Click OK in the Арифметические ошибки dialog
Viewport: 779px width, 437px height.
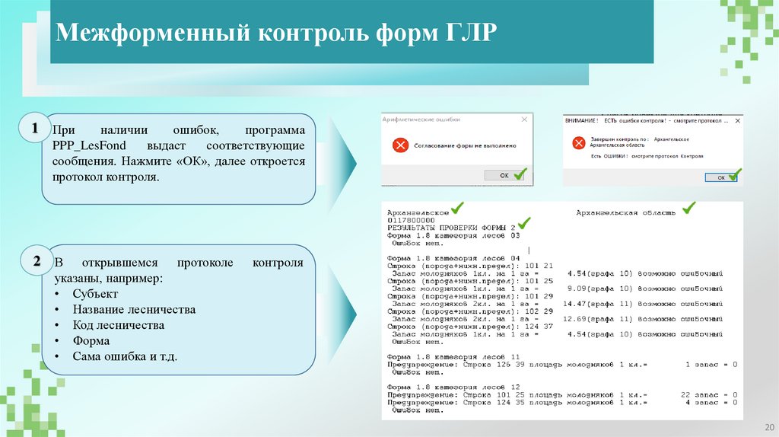[504, 175]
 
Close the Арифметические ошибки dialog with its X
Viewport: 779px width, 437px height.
[523, 120]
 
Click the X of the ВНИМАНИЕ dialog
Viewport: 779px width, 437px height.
[736, 120]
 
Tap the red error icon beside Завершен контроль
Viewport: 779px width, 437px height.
[579, 142]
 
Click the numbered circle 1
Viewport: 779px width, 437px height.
[35, 130]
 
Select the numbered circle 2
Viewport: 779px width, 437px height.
[35, 262]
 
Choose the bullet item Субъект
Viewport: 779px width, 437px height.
[94, 294]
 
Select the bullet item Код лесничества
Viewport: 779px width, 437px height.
[119, 325]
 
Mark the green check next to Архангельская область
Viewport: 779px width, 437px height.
[688, 207]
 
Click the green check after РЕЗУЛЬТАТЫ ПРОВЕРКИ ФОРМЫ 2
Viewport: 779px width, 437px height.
[524, 222]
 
